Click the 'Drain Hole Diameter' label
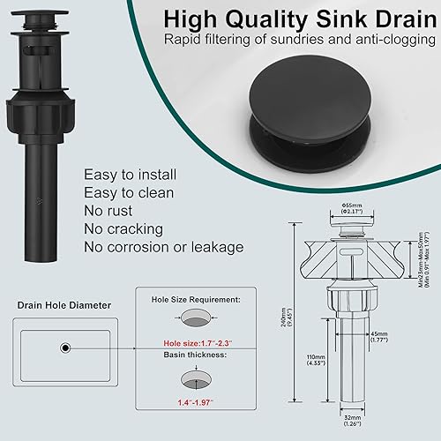coord(63,305)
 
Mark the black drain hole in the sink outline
coord(64,348)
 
